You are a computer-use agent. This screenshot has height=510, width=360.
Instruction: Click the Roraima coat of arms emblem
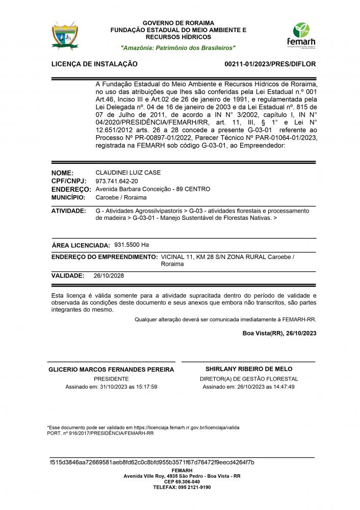[65, 35]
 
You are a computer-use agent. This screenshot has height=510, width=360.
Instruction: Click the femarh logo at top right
[301, 35]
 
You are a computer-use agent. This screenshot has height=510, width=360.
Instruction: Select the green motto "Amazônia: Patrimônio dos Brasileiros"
[178, 47]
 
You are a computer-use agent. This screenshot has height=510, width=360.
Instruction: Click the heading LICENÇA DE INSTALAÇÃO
[94, 64]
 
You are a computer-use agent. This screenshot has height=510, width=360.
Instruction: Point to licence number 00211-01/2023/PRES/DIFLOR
[270, 64]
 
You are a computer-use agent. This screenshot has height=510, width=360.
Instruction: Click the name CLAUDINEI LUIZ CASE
[128, 173]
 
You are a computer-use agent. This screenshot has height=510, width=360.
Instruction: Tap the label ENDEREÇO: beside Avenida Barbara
[71, 189]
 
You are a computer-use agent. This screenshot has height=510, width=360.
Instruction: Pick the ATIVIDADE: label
[69, 211]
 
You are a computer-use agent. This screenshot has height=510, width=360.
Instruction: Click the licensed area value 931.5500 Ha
[132, 245]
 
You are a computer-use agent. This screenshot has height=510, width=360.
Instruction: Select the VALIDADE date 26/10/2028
[109, 275]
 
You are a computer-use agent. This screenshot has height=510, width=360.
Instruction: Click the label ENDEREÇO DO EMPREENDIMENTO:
[105, 257]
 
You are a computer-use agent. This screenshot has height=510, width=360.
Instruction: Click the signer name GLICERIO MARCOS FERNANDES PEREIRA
[111, 369]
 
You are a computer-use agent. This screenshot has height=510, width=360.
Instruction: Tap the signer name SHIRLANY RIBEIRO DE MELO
[249, 369]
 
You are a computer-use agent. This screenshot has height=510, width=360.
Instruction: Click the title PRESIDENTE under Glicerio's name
[111, 379]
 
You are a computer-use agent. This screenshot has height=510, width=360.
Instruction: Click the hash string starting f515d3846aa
[152, 463]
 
